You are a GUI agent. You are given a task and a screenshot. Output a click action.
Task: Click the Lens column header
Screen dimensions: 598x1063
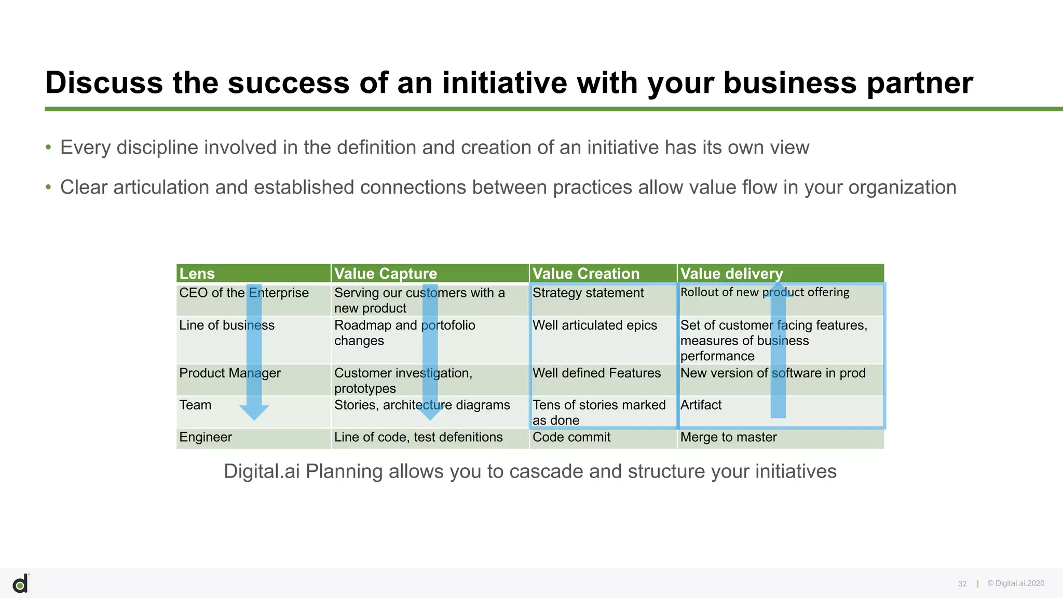(197, 274)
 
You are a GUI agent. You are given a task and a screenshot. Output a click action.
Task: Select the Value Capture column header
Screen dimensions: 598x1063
(386, 274)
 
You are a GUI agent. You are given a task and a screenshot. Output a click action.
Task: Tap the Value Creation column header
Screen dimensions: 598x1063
(586, 274)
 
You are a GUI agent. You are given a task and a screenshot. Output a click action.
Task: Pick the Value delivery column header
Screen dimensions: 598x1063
(731, 274)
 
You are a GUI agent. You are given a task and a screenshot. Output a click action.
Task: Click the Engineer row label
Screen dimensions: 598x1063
(206, 437)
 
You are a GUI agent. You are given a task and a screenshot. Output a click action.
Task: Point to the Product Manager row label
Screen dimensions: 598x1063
(230, 373)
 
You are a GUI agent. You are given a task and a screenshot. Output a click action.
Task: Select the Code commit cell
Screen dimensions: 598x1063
(571, 437)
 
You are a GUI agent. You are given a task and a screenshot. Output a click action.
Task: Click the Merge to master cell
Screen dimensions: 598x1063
(728, 437)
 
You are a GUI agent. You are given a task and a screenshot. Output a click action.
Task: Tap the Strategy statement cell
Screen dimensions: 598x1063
(588, 293)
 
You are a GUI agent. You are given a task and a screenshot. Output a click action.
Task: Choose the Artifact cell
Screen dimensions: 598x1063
(701, 405)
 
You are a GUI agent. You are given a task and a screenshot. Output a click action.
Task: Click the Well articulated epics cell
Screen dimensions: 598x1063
(595, 325)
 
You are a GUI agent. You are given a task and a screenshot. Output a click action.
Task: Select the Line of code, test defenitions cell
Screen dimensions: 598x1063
(418, 437)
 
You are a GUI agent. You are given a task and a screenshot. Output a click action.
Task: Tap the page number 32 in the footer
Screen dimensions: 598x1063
(962, 584)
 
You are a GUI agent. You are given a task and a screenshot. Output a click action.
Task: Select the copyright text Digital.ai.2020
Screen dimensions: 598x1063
(1016, 583)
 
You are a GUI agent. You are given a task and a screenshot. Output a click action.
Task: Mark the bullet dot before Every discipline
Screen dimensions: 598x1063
(48, 148)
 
